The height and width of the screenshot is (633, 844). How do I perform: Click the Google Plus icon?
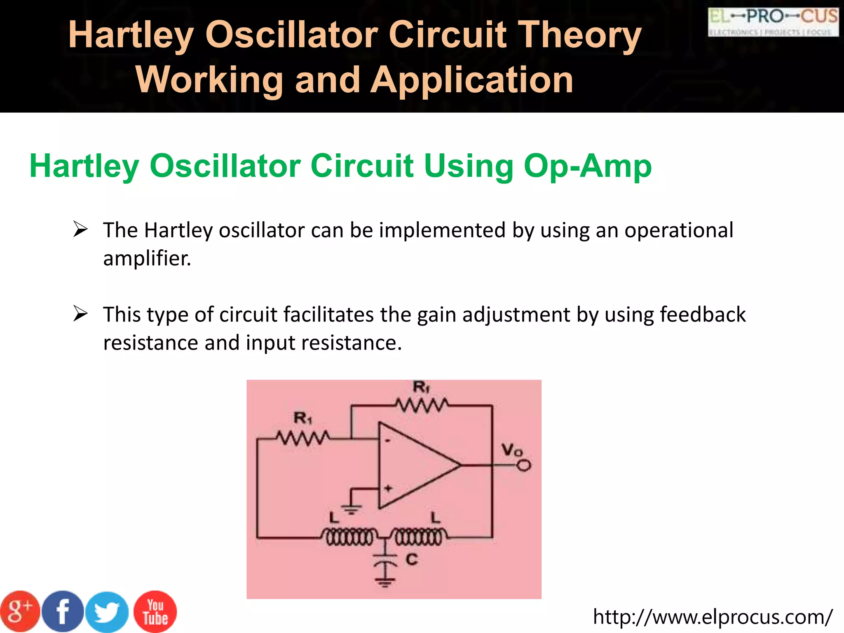click(20, 612)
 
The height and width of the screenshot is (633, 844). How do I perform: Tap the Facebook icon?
click(63, 612)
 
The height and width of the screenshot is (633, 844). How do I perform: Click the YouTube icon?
click(155, 612)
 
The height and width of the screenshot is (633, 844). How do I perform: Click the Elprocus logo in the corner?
click(773, 22)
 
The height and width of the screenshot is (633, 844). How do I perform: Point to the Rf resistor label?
click(421, 387)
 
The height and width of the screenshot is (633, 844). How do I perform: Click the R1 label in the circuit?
click(303, 419)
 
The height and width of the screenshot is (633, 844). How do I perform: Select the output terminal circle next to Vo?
click(524, 466)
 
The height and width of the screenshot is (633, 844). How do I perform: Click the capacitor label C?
click(412, 560)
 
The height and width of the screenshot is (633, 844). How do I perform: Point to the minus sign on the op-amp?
click(387, 441)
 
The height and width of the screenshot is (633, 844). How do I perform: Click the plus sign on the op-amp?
click(388, 489)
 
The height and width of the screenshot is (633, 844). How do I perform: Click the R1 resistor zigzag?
click(303, 438)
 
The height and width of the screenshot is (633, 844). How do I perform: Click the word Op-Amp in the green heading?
click(588, 166)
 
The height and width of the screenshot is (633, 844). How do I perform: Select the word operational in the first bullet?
click(679, 230)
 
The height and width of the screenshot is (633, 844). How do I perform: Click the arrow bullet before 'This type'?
click(80, 314)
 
